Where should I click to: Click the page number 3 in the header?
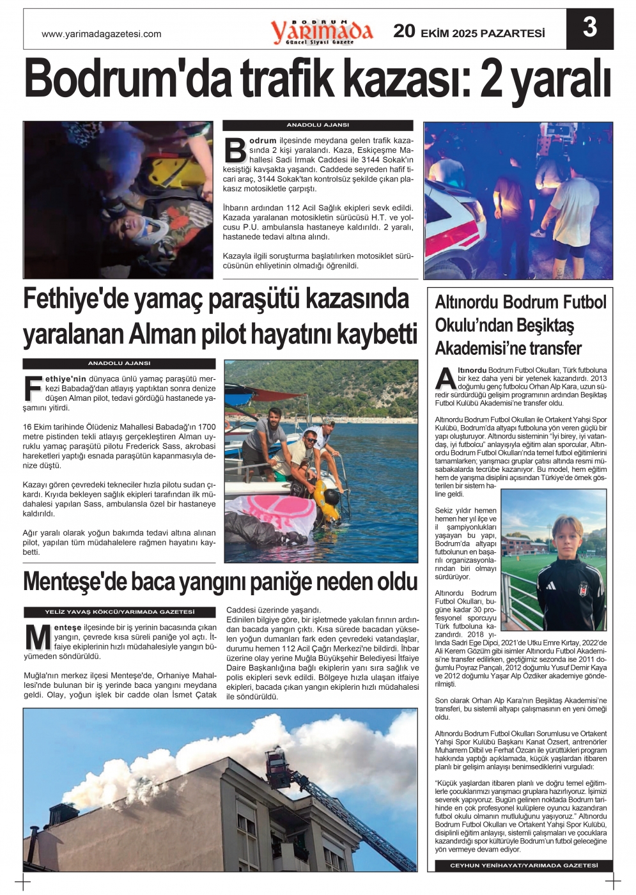pyautogui.click(x=589, y=28)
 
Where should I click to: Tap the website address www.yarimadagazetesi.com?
pyautogui.click(x=101, y=34)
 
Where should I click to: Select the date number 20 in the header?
pyautogui.click(x=404, y=31)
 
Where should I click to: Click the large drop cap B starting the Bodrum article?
pyautogui.click(x=235, y=150)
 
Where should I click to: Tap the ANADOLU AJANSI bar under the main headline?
pyautogui.click(x=318, y=125)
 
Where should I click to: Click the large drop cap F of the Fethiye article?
pyautogui.click(x=33, y=387)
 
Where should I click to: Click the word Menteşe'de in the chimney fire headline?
pyautogui.click(x=73, y=582)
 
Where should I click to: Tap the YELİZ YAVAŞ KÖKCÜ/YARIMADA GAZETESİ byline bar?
pyautogui.click(x=120, y=612)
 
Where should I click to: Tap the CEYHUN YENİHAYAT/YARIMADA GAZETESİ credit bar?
pyautogui.click(x=524, y=866)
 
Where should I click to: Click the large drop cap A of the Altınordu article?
pyautogui.click(x=446, y=378)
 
